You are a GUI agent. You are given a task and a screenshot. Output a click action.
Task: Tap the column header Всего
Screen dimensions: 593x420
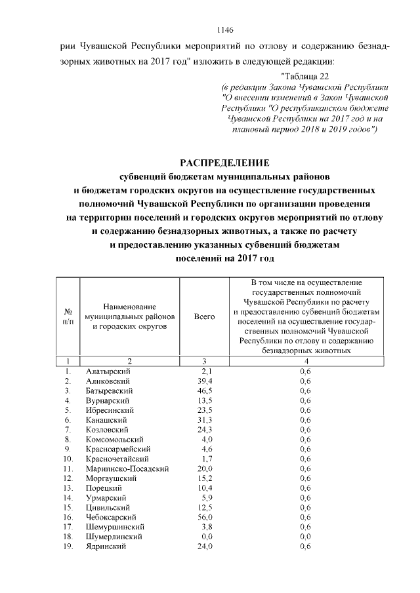point(205,316)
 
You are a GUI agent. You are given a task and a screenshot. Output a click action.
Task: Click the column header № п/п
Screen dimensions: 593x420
point(68,316)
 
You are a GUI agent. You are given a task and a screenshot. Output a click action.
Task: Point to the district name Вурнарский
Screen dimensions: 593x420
point(108,400)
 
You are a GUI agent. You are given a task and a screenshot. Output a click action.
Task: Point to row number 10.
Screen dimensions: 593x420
point(67,459)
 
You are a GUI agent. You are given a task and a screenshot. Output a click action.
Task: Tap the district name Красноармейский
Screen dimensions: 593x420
point(118,449)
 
